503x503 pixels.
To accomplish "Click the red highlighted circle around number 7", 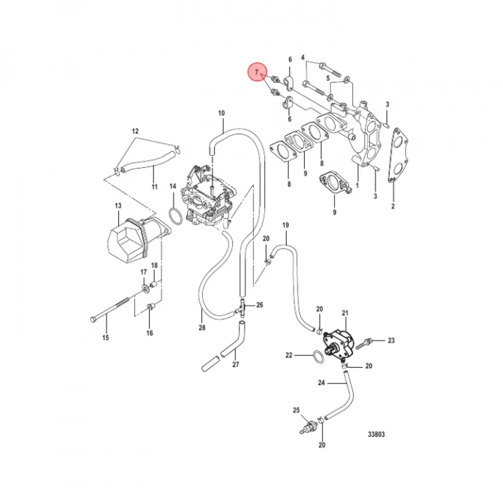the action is [257, 72].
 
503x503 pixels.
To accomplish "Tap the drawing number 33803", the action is [376, 434].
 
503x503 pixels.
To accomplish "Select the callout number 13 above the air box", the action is [118, 206].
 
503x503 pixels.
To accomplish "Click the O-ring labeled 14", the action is [176, 217].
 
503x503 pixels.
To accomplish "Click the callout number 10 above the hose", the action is [221, 113].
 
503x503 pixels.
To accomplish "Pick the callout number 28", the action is [202, 328].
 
